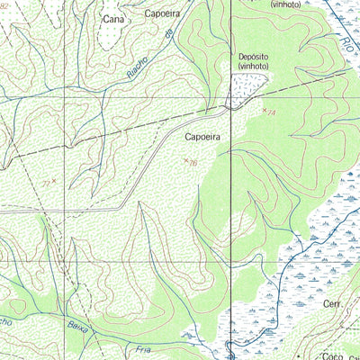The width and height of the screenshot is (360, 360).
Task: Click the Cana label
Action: pos(113,18)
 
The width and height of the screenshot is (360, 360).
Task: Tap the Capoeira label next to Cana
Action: pos(162,14)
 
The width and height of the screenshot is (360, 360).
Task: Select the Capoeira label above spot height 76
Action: pos(202,138)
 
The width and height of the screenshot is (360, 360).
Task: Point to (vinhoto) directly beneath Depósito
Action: pos(254,67)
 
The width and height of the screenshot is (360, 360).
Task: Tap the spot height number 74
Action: pos(272,113)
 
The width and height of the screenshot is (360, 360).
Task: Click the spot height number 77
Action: pos(46,183)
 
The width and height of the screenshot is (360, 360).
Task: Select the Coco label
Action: pos(331,355)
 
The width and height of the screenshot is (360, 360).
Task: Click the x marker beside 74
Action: pos(265,110)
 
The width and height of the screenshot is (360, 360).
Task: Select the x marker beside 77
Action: pos(54,181)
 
